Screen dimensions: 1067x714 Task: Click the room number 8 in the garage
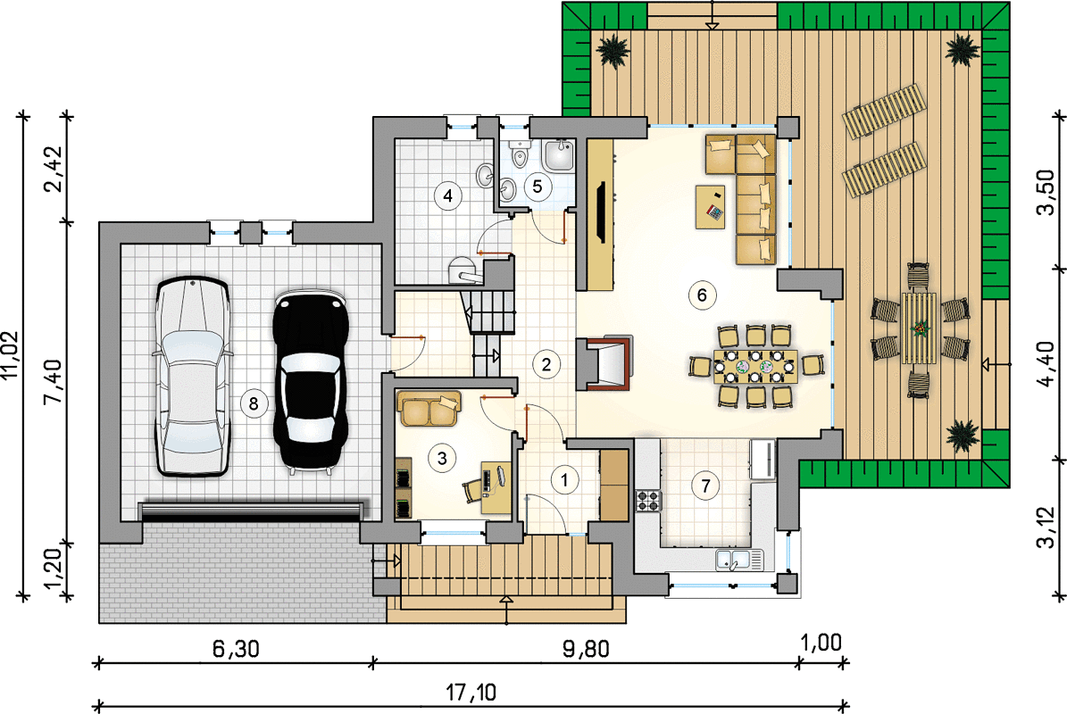[x=254, y=404]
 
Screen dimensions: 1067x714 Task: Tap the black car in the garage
[x=311, y=380]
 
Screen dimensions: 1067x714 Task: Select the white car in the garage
[x=193, y=376]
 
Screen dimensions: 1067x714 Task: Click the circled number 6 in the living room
[x=702, y=295]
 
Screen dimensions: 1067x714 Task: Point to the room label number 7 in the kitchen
[x=705, y=486]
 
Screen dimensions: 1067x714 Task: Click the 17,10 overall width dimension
[x=471, y=693]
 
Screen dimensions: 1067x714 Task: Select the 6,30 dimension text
[x=236, y=650]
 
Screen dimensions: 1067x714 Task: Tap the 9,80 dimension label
[x=586, y=650]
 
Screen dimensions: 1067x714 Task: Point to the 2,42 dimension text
[x=54, y=170]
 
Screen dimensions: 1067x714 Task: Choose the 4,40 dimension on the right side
[x=1046, y=364]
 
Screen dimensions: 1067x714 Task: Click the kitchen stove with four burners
[x=648, y=501]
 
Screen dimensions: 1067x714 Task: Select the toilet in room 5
[x=521, y=154]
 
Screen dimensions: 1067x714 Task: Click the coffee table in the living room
[x=710, y=207]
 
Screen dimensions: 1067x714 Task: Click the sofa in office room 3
[x=429, y=409]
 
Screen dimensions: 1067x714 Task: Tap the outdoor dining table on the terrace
[x=919, y=328]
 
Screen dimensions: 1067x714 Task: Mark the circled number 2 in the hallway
[x=546, y=364]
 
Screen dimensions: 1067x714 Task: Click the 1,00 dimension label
[x=821, y=643]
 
